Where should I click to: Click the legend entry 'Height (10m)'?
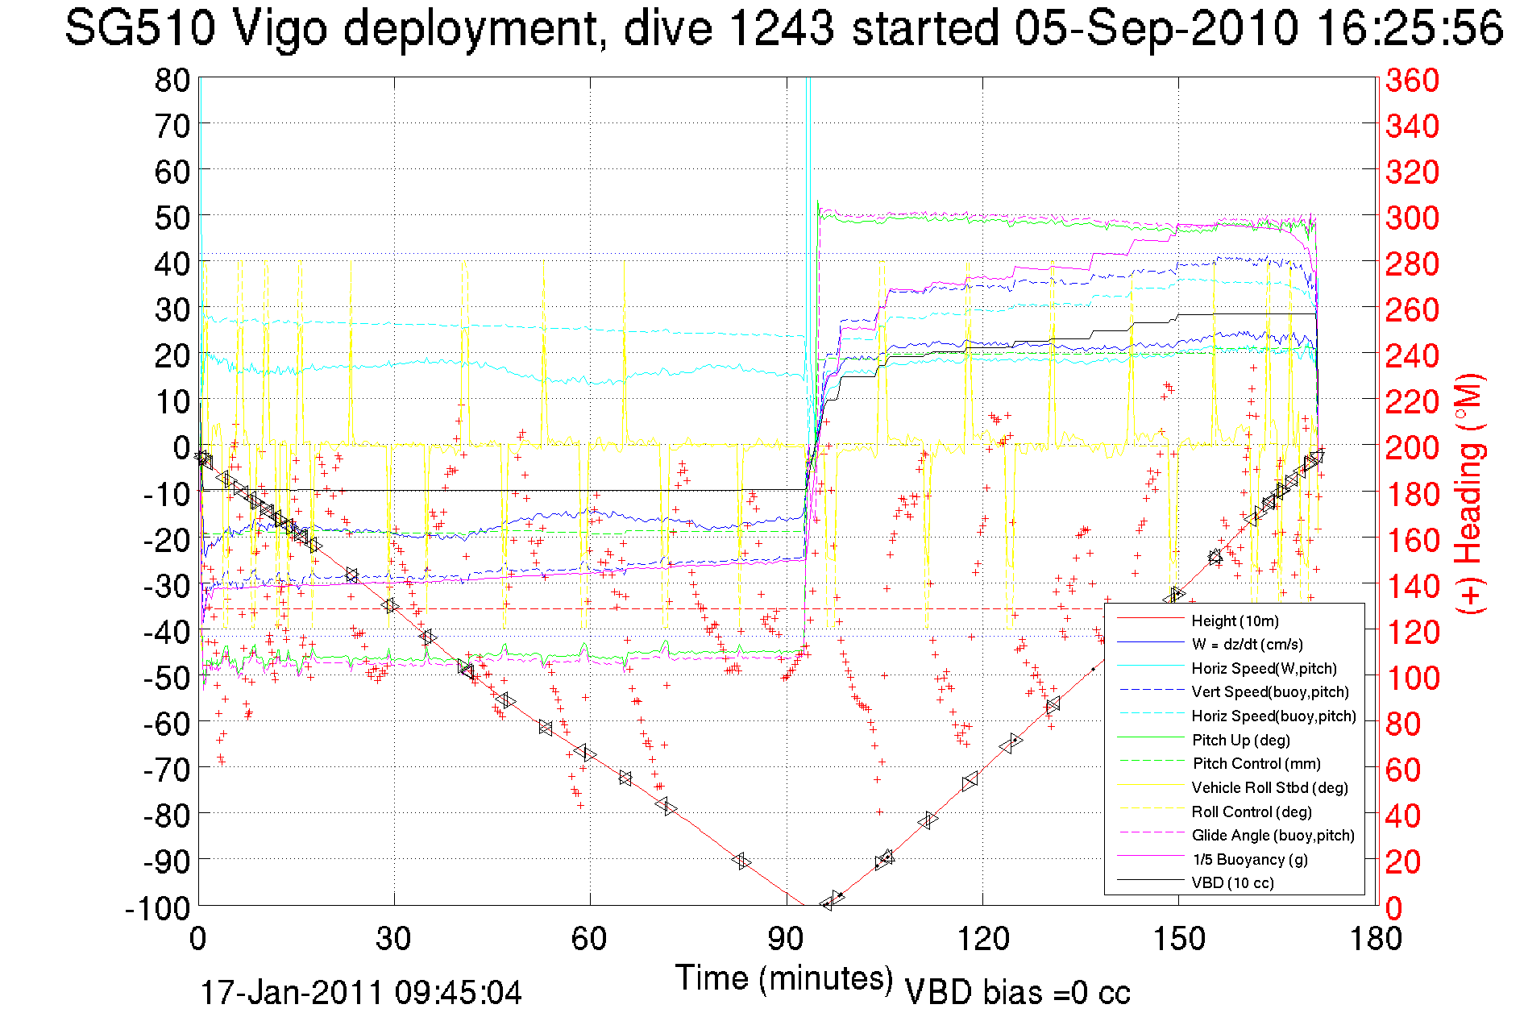tap(1235, 621)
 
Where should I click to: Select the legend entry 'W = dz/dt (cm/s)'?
tap(1247, 644)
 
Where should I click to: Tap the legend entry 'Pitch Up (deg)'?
tap(1240, 740)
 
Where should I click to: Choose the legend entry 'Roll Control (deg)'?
tap(1251, 812)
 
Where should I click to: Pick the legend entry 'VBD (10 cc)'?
tap(1232, 882)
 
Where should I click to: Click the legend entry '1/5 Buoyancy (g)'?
tap(1249, 859)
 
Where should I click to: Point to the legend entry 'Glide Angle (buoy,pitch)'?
tap(1273, 835)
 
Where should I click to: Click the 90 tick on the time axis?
tap(786, 939)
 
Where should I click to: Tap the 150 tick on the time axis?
tap(1178, 939)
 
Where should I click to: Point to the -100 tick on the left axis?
tap(157, 908)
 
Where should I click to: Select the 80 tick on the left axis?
tap(172, 80)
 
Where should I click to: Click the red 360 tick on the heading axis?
tap(1412, 80)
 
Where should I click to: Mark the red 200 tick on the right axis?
tap(1412, 447)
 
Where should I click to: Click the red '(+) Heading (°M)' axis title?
tap(1468, 493)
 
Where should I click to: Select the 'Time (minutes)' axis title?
tap(784, 978)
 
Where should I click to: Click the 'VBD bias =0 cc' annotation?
tap(1017, 993)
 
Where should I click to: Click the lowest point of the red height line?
tap(805, 906)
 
